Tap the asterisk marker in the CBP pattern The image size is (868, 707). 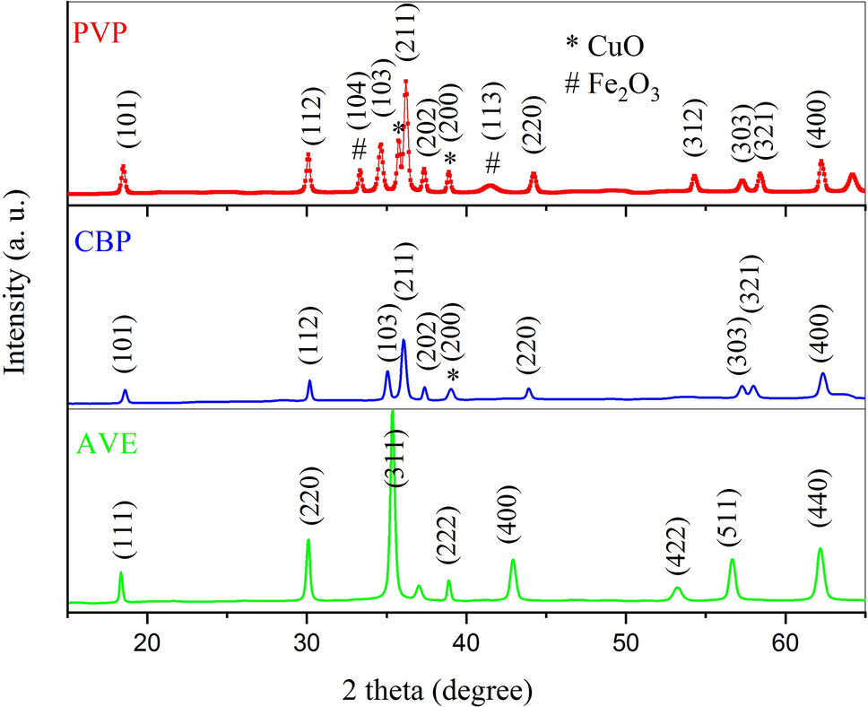[454, 375]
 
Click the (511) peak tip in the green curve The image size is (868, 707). [733, 560]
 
